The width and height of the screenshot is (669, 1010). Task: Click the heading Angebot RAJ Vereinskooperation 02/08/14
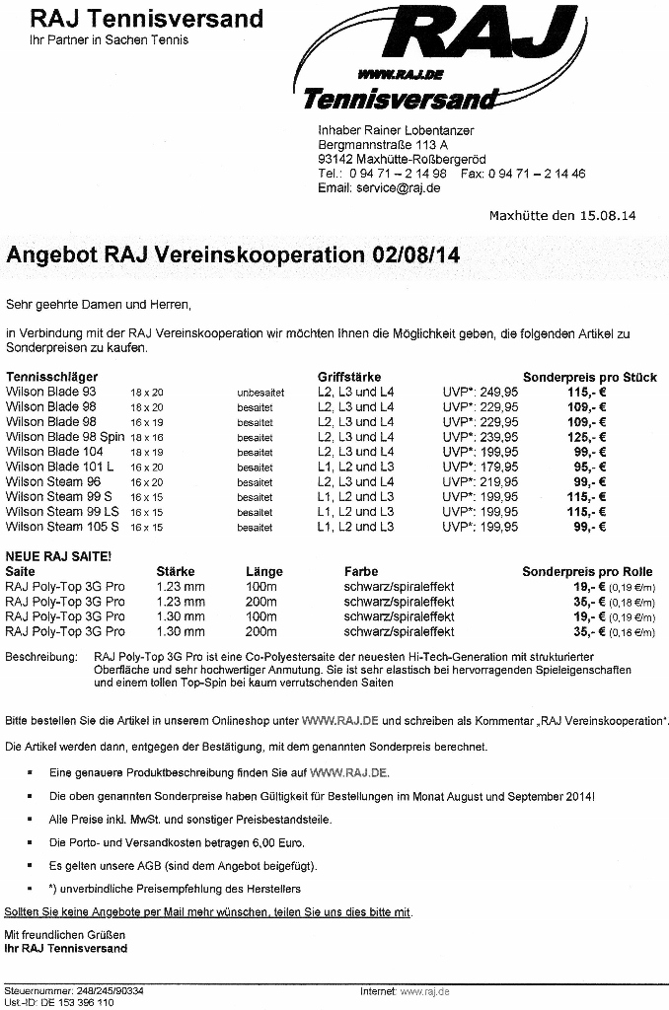pyautogui.click(x=233, y=254)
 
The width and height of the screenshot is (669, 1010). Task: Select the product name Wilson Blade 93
pyautogui.click(x=50, y=392)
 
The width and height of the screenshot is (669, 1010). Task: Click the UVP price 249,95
pyautogui.click(x=499, y=392)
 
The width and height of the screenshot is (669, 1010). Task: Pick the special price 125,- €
pyautogui.click(x=587, y=437)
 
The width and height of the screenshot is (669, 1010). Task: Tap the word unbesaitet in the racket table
pyautogui.click(x=260, y=393)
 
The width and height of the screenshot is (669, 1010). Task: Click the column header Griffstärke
pyautogui.click(x=349, y=377)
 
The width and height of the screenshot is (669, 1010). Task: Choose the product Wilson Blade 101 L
pyautogui.click(x=59, y=467)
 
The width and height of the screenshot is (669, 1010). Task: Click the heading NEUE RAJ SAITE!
pyautogui.click(x=58, y=556)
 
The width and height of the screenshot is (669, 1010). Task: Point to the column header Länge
pyautogui.click(x=264, y=571)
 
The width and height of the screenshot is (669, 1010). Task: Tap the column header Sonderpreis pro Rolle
pyautogui.click(x=587, y=571)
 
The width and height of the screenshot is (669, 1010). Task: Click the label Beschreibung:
pyautogui.click(x=41, y=655)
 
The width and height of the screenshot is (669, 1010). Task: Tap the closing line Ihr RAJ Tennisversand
pyautogui.click(x=66, y=948)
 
